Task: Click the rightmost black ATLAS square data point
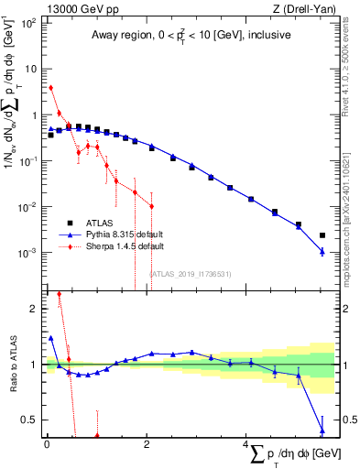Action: coord(322,235)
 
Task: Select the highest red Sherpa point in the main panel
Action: coord(50,88)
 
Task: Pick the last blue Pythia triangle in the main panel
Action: coord(322,251)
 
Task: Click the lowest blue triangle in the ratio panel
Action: coord(322,430)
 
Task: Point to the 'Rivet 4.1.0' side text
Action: coord(351,64)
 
